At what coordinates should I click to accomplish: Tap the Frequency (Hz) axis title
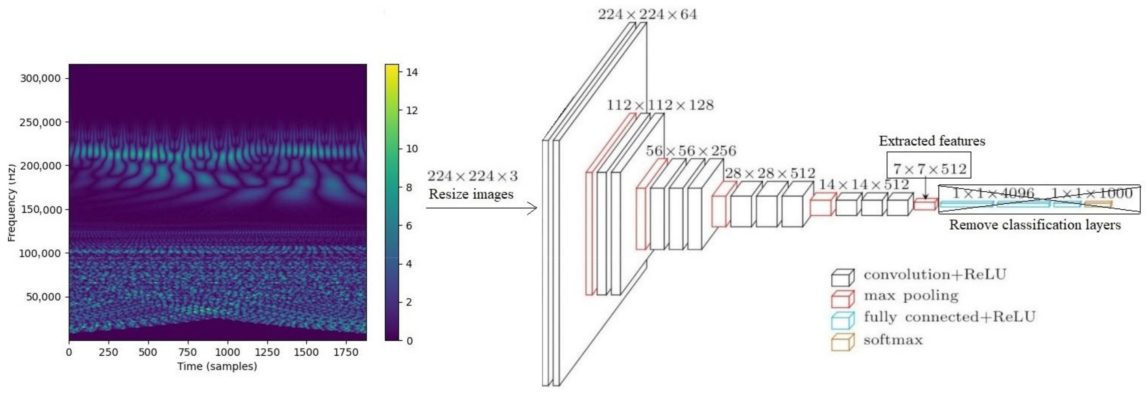(12, 203)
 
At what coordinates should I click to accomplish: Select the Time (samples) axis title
(217, 367)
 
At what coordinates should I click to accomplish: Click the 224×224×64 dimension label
(647, 15)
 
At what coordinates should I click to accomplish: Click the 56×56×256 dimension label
(691, 151)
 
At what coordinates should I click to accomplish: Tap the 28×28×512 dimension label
(770, 173)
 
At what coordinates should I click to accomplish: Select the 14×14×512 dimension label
(864, 184)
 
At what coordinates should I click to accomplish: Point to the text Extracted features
(932, 141)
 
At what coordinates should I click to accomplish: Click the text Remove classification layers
(1035, 225)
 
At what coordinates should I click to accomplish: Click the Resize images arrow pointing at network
(481, 208)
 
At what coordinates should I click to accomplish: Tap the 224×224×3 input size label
(472, 176)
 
